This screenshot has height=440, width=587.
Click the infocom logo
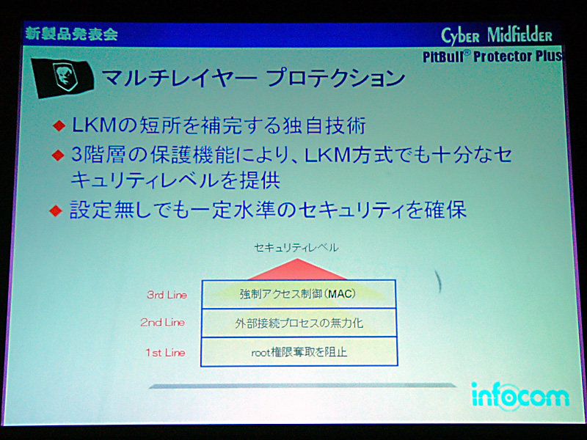point(520,396)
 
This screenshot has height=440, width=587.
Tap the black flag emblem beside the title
point(62,78)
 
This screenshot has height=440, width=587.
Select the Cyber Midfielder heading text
point(497,36)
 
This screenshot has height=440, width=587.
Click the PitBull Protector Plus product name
point(492,56)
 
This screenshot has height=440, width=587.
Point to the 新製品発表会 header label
point(71,34)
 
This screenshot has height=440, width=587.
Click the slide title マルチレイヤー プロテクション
point(253,78)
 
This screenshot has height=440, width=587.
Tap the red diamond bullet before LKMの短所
point(59,125)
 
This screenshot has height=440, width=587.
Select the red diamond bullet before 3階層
point(59,155)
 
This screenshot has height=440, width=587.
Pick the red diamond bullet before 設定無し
point(56,210)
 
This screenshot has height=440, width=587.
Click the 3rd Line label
point(167,295)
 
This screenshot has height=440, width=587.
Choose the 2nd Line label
point(162,322)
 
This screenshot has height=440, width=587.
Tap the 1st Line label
point(166,353)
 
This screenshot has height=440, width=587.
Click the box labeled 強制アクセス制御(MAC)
point(299,294)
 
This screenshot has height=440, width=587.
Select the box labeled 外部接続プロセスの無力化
point(299,323)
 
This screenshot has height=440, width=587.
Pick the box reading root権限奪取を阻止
point(299,351)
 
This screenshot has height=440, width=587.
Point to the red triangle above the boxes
point(297,269)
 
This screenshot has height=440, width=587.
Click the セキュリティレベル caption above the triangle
point(296,247)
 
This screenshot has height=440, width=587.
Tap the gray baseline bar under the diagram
point(302,386)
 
